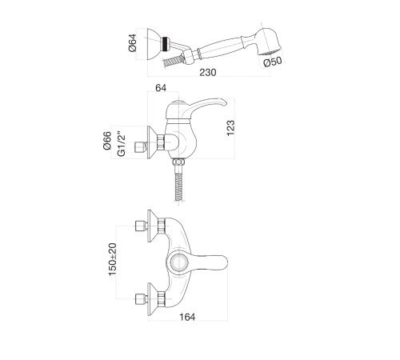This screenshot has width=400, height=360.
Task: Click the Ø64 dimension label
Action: point(133,42)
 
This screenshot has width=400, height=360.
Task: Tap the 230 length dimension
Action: point(208,72)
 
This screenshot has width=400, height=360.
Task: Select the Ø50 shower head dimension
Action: point(272,62)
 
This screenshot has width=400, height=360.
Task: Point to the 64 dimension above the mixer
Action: point(161,88)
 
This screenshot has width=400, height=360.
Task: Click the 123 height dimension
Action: point(230,128)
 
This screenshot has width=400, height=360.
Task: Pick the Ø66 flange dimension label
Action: point(107,141)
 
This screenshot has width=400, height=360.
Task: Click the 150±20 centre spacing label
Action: point(113,259)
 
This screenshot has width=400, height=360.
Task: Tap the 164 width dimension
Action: point(187,317)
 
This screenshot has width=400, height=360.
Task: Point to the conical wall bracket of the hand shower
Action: point(154,44)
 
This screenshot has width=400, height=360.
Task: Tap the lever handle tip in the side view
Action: point(223,102)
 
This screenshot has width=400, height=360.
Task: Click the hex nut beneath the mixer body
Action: point(178,162)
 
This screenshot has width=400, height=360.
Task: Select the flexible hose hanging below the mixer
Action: point(178,186)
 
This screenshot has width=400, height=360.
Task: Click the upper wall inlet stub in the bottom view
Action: point(142,226)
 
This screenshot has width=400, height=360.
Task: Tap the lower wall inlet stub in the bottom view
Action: point(142,299)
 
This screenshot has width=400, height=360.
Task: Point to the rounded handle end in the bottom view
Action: point(222,262)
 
